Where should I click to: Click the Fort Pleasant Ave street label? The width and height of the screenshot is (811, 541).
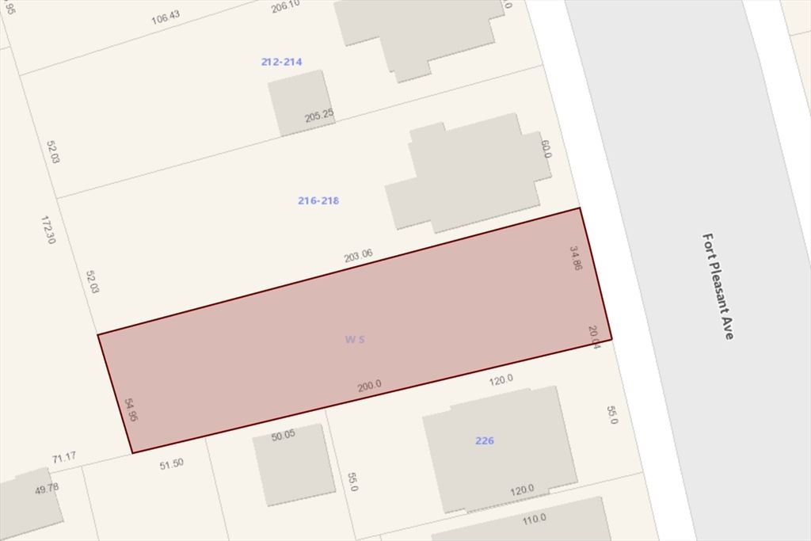pyautogui.click(x=718, y=286)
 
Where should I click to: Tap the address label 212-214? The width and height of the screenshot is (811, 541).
pyautogui.click(x=281, y=62)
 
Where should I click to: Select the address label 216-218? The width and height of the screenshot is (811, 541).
pyautogui.click(x=318, y=200)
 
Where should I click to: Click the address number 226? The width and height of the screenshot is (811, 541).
pyautogui.click(x=485, y=440)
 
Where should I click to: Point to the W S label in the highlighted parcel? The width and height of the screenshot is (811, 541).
pyautogui.click(x=354, y=340)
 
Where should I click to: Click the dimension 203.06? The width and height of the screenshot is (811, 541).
pyautogui.click(x=358, y=256)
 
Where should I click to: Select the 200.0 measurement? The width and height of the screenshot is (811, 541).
pyautogui.click(x=369, y=386)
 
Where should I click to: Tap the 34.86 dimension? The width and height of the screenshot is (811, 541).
pyautogui.click(x=576, y=258)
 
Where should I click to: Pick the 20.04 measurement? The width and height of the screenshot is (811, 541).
pyautogui.click(x=595, y=337)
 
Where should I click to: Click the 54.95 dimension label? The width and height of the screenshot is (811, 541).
pyautogui.click(x=131, y=410)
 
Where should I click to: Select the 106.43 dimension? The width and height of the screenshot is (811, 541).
pyautogui.click(x=166, y=17)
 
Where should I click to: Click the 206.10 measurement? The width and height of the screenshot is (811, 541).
pyautogui.click(x=285, y=6)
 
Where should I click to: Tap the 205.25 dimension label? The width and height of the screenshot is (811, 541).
pyautogui.click(x=319, y=116)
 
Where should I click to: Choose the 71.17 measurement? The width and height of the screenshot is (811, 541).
pyautogui.click(x=63, y=458)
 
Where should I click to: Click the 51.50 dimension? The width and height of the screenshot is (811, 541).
pyautogui.click(x=171, y=463)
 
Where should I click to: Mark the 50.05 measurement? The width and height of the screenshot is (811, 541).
pyautogui.click(x=283, y=435)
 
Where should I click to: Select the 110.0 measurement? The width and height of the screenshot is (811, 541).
pyautogui.click(x=534, y=519)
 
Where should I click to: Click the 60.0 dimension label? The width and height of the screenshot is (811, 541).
pyautogui.click(x=546, y=149)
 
